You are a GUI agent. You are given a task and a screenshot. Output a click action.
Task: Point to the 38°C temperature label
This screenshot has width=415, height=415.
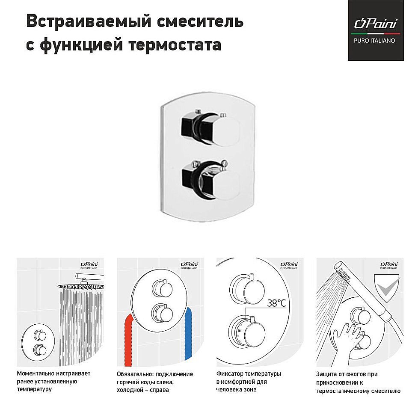pos(276,303)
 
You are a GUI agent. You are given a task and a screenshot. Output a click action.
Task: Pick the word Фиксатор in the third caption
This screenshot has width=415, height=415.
pos(230,374)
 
